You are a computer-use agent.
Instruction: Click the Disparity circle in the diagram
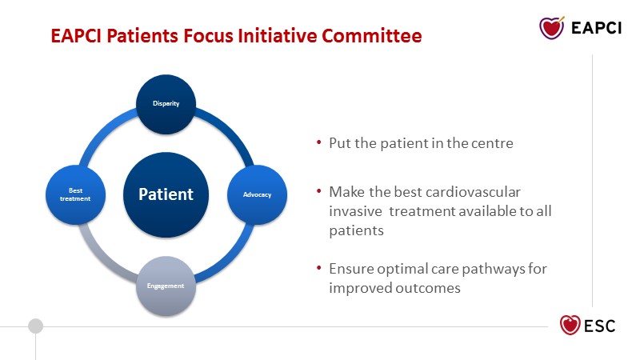166,104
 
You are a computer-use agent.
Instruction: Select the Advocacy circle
257,194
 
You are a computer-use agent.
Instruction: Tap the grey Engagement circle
166,286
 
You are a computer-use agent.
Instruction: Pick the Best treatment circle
75,194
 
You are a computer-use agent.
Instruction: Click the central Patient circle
166,194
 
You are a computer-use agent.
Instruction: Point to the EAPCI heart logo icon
552,28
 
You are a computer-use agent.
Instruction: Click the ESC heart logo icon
570,325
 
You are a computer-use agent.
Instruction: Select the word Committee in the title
372,35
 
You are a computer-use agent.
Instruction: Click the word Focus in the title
208,35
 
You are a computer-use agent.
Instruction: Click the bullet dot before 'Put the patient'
318,142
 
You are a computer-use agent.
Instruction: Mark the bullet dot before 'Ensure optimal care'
318,268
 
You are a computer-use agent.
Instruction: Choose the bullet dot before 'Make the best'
318,190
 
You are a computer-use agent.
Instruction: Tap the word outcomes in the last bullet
428,288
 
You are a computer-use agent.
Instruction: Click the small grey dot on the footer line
35,326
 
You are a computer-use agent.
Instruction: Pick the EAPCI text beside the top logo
596,28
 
